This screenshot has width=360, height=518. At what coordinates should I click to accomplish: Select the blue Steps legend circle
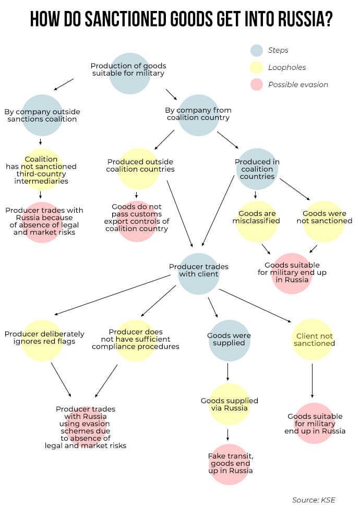pyautogui.click(x=257, y=51)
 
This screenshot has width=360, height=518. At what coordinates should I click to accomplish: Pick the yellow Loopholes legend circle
pyautogui.click(x=257, y=67)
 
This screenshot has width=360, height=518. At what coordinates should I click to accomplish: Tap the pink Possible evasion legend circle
pyautogui.click(x=257, y=85)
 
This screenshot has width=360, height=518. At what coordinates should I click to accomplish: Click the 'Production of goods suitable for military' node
pyautogui.click(x=129, y=73)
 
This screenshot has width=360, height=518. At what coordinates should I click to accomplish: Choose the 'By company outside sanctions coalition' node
pyautogui.click(x=42, y=115)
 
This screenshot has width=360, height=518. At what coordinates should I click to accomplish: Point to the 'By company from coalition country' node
pyautogui.click(x=198, y=115)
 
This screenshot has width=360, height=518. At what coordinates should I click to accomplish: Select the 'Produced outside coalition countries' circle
pyautogui.click(x=139, y=168)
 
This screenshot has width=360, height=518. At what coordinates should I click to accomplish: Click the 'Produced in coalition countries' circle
pyautogui.click(x=257, y=168)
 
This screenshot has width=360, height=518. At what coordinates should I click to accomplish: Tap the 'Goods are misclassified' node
pyautogui.click(x=257, y=221)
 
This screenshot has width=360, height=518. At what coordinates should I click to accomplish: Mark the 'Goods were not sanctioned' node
pyautogui.click(x=324, y=221)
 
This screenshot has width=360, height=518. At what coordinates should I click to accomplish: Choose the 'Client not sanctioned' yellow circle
pyautogui.click(x=313, y=340)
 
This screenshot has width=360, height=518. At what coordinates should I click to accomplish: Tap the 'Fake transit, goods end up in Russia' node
pyautogui.click(x=230, y=464)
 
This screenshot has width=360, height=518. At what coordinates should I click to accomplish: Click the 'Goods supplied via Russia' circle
pyautogui.click(x=230, y=404)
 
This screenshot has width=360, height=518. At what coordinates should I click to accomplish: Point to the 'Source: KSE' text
pyautogui.click(x=313, y=500)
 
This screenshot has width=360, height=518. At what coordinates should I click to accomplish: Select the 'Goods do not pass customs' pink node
pyautogui.click(x=137, y=221)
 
